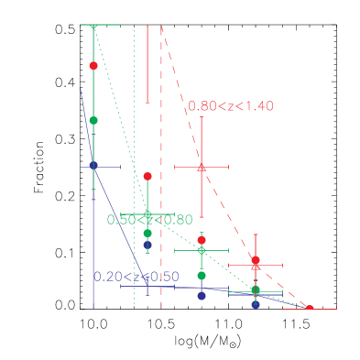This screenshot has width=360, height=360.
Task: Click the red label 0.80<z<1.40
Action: pyautogui.click(x=231, y=106)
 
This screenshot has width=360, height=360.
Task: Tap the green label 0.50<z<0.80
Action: pyautogui.click(x=150, y=220)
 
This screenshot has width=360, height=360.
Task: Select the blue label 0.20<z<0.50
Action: pyautogui.click(x=136, y=277)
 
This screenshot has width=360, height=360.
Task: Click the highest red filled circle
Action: pyautogui.click(x=93, y=65)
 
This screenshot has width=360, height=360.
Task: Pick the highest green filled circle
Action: pyautogui.click(x=93, y=120)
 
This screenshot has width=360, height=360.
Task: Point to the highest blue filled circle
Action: pyautogui.click(x=93, y=165)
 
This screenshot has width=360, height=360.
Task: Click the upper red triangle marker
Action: pyautogui.click(x=202, y=167)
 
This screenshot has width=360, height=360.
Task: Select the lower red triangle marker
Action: pyautogui.click(x=256, y=267)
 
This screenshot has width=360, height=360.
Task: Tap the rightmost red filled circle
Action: pyautogui.click(x=309, y=309)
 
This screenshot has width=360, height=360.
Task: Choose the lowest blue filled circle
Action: pyautogui.click(x=256, y=305)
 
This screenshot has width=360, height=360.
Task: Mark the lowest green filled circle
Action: pyautogui.click(x=256, y=290)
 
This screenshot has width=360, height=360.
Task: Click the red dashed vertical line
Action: pyautogui.click(x=161, y=183)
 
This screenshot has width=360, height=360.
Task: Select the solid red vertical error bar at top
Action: pyautogui.click(x=147, y=64)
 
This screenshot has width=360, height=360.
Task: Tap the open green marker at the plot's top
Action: pyautogui.click(x=93, y=26)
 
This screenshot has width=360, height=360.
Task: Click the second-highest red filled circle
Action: pyautogui.click(x=147, y=176)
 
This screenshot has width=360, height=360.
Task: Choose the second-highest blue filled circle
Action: pyautogui.click(x=147, y=245)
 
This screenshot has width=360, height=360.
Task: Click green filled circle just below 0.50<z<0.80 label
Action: pyautogui.click(x=147, y=233)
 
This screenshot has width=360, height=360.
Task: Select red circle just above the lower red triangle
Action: pyautogui.click(x=256, y=260)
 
